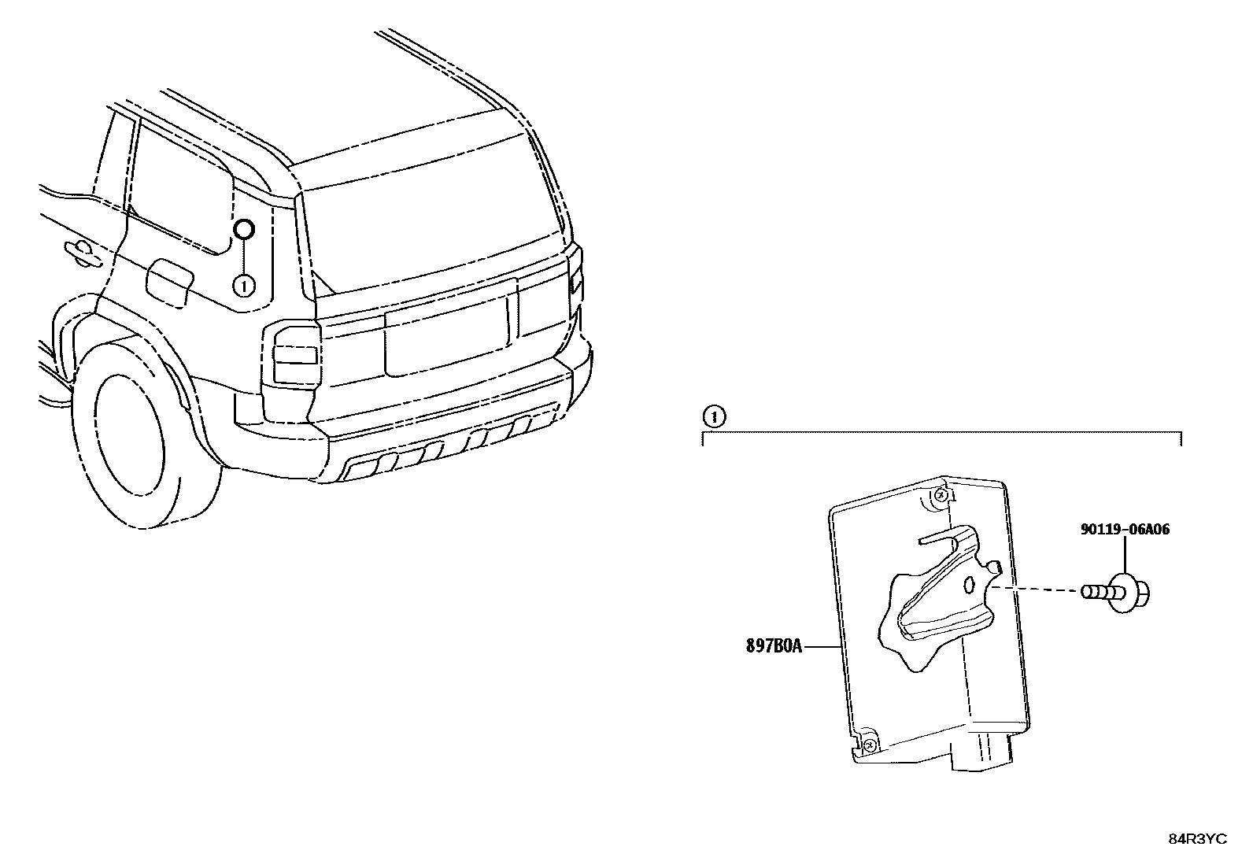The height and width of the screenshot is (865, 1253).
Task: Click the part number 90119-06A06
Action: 1124,530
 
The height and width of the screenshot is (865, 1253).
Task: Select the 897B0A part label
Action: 774,646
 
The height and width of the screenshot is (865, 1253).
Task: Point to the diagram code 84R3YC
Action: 1197,839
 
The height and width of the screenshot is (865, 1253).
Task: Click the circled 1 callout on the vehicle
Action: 244,285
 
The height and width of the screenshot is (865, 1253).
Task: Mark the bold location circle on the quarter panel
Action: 244,229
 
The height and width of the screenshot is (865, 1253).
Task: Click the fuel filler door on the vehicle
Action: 169,282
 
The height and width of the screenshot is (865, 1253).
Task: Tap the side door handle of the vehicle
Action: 80,250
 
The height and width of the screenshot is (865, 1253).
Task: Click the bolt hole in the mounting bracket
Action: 970,584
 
